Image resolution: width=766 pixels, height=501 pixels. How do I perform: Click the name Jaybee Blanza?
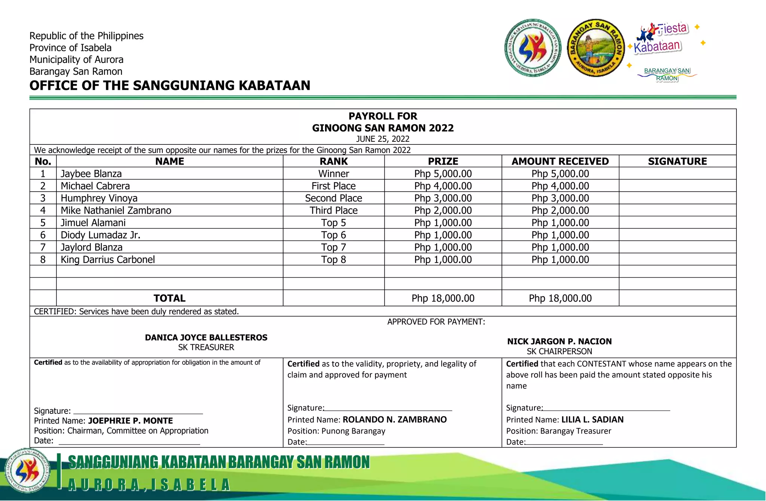point(91,174)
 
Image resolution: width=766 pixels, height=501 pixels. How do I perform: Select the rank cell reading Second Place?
point(333,198)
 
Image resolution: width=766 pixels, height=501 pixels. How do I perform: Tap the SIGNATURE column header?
point(677,161)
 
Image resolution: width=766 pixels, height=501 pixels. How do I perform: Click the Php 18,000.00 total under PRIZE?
point(443,298)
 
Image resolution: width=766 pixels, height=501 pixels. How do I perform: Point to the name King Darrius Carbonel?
point(107,259)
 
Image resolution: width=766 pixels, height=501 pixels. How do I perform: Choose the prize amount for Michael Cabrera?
point(443,186)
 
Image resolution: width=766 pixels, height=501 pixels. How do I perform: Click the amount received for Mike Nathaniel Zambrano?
point(560,210)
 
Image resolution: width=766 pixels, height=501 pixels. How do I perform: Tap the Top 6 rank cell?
point(333,235)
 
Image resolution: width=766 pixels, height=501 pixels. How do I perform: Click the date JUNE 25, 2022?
point(383,139)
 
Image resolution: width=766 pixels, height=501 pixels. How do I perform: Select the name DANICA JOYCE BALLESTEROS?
point(206,337)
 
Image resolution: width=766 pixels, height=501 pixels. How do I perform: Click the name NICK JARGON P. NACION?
point(559,341)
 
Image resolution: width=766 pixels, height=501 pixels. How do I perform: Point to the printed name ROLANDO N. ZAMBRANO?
point(394,419)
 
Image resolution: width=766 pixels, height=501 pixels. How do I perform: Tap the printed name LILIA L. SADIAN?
point(592,419)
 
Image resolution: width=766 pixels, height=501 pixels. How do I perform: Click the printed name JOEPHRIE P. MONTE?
point(130,421)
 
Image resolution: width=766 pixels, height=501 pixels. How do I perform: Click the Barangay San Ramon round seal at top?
point(595,48)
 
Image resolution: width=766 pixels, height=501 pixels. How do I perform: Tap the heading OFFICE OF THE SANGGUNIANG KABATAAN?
point(170,85)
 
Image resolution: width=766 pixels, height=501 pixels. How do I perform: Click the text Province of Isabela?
point(70,48)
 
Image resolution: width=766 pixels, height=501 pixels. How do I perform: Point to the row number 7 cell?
point(43,247)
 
